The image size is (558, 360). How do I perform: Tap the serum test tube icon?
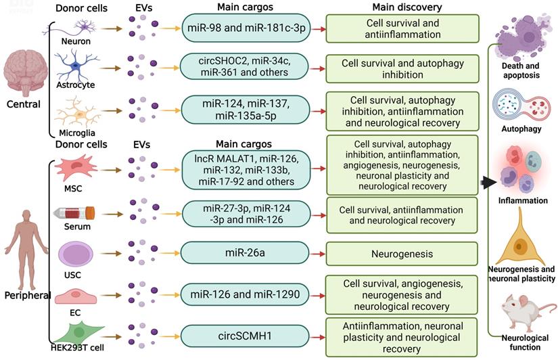72,213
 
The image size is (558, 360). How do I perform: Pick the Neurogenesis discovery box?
402,254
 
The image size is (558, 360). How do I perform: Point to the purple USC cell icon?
71,254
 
